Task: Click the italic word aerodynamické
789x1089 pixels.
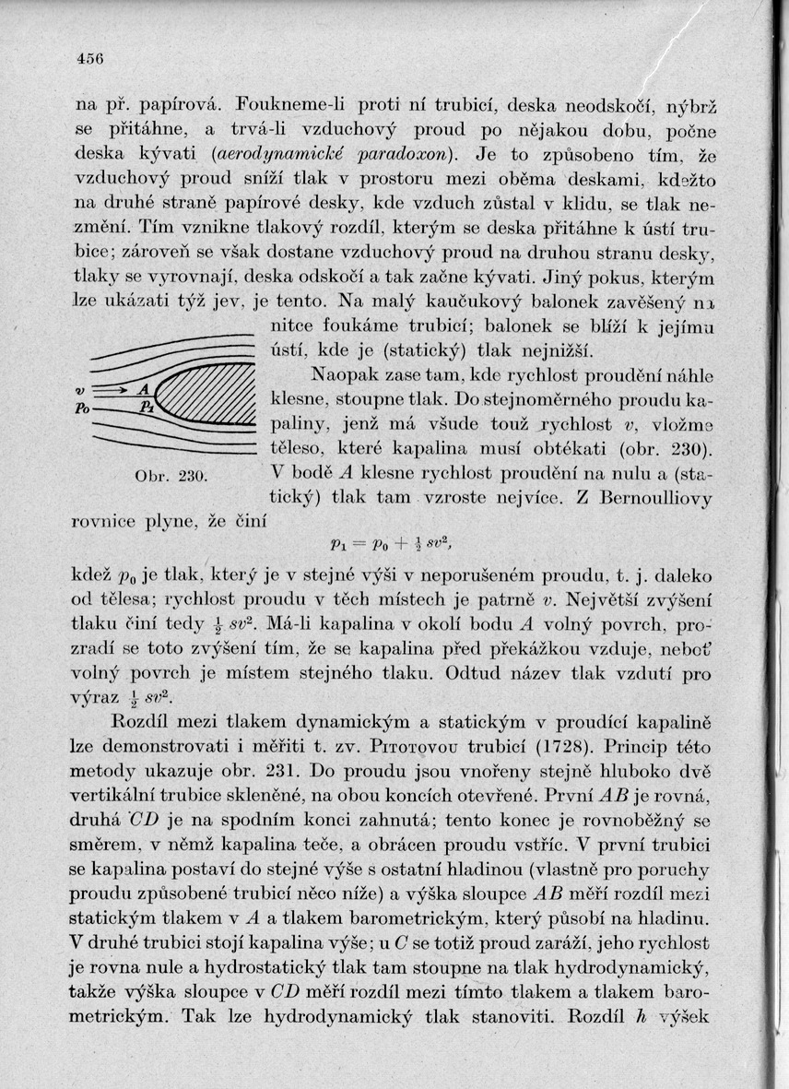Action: click(x=266, y=153)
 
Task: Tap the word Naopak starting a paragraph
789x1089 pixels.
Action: click(x=344, y=376)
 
